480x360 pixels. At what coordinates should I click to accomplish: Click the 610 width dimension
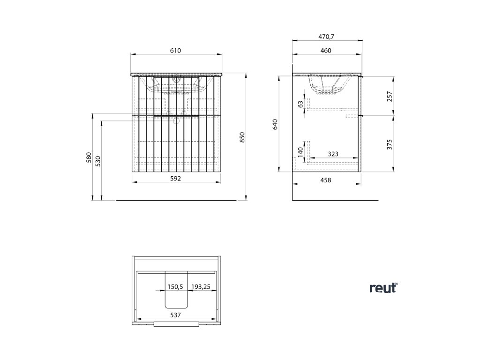pos(175,51)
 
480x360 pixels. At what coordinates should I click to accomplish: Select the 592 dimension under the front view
pos(175,179)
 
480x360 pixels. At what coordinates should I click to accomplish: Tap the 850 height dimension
pos(242,137)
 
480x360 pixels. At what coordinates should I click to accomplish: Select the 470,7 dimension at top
pos(326,37)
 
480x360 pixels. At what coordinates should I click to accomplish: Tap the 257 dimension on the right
pos(389,96)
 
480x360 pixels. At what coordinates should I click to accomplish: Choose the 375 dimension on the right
pos(389,144)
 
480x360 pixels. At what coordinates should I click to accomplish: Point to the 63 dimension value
pos(300,104)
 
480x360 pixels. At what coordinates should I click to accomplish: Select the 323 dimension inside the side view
pos(333,153)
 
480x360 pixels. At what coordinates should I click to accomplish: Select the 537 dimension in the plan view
pos(175,316)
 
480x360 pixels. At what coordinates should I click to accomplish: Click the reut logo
pos(383,288)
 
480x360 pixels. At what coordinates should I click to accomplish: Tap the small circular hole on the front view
pos(177,121)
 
